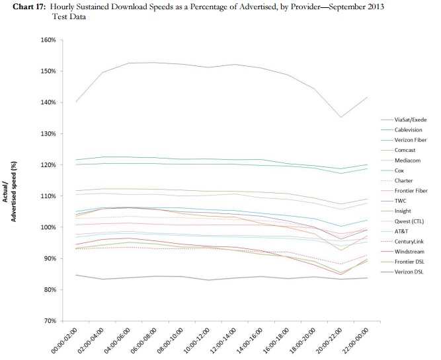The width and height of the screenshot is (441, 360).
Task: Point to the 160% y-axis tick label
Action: click(48, 40)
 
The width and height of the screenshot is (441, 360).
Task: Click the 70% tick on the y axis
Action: click(50, 320)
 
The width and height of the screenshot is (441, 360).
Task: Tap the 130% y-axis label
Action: click(48, 133)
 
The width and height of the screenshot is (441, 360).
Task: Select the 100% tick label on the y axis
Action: click(48, 227)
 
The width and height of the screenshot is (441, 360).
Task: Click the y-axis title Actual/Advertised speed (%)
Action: click(9, 192)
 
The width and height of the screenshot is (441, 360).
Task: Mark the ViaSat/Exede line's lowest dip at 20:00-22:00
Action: click(341, 117)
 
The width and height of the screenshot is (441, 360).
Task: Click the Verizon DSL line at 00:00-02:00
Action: click(76, 275)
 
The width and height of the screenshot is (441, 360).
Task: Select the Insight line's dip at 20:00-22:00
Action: click(341, 250)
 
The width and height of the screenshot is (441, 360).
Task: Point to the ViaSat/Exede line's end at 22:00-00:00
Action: click(368, 97)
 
